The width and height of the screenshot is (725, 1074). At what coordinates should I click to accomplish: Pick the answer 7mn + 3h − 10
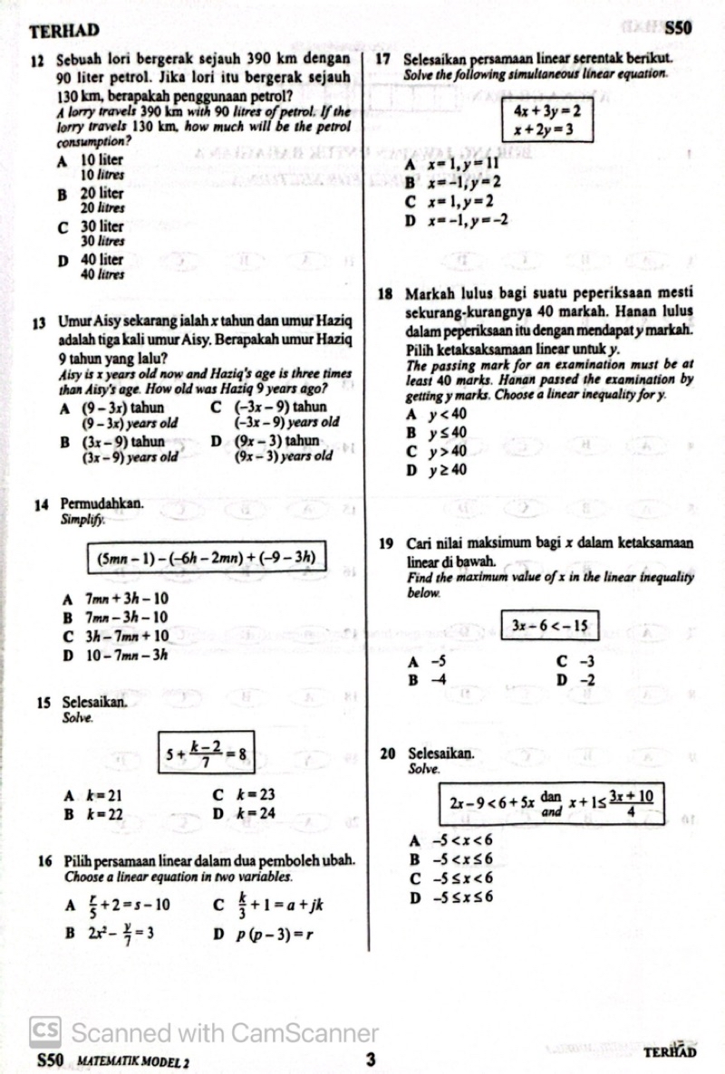point(126,599)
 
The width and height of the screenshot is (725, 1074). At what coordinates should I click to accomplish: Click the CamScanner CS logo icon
point(45,1031)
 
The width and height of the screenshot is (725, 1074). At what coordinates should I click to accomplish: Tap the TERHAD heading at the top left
point(64,31)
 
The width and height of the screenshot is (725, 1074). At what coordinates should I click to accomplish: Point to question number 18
point(387,293)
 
